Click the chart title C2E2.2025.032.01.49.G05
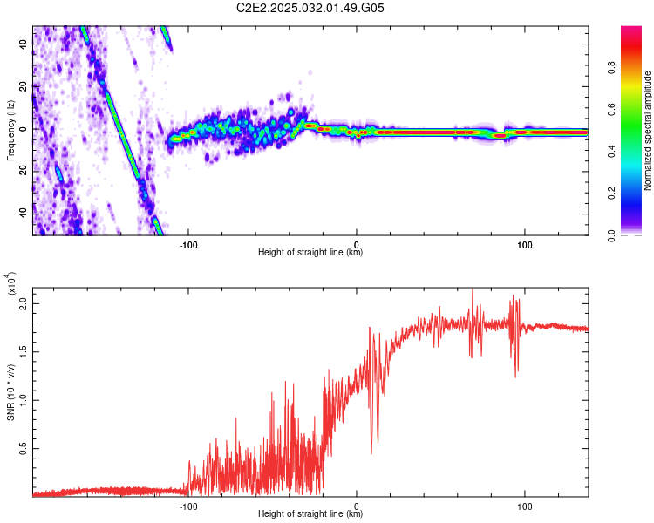(310, 8)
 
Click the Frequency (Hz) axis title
(10, 131)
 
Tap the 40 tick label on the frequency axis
(24, 44)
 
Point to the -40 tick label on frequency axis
(24, 214)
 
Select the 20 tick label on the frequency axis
(24, 87)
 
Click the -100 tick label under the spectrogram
(188, 245)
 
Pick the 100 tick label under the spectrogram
(524, 245)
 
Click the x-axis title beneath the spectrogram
(310, 252)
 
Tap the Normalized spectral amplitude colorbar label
(647, 131)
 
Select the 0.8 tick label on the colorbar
(611, 67)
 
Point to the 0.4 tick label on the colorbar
(611, 152)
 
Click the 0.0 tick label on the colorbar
(611, 235)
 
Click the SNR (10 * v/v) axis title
(10, 392)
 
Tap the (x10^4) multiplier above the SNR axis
(11, 283)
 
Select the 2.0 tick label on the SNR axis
(24, 303)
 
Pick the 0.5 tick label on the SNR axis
(24, 448)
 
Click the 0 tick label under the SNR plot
(356, 506)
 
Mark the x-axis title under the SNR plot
(310, 513)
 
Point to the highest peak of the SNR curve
(473, 289)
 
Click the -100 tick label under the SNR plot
(188, 506)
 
